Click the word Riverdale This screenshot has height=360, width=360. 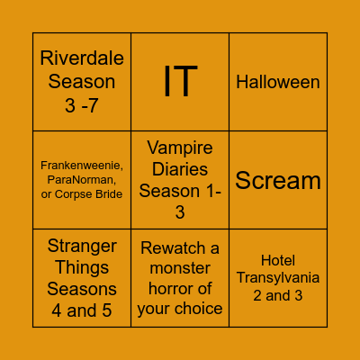82,59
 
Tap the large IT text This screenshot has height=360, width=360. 180,82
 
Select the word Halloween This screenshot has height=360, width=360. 278,82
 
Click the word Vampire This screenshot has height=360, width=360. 180,148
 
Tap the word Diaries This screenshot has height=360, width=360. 180,169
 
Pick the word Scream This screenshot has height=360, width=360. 278,180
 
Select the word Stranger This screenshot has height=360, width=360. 82,247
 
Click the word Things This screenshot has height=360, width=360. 82,268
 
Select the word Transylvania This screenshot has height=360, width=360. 278,278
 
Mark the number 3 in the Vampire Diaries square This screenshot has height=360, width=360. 180,212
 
